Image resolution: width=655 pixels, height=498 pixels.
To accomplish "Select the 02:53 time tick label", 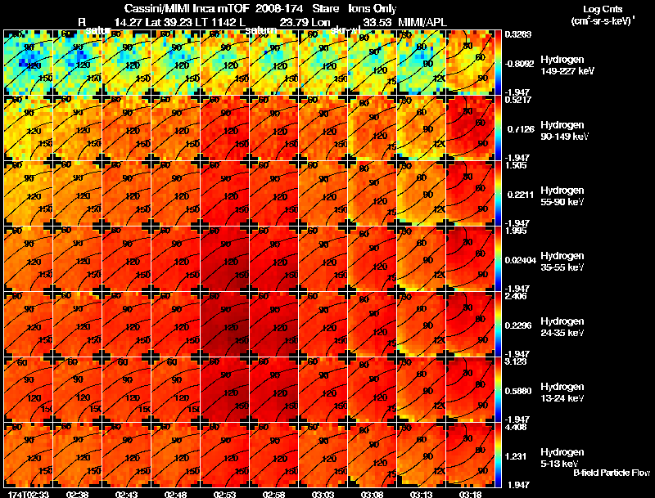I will [225, 494].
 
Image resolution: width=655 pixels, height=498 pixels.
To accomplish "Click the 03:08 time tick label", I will [373, 494].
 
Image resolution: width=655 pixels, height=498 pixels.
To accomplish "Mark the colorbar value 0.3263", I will [515, 35].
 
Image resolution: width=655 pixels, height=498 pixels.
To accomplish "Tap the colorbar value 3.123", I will [515, 361].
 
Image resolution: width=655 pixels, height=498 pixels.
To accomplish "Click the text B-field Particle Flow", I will [612, 473].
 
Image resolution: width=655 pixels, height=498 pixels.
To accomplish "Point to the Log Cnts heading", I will [603, 7].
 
